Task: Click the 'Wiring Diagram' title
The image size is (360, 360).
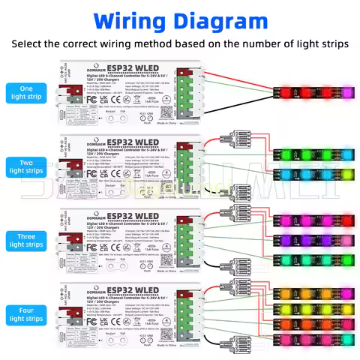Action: coord(180,19)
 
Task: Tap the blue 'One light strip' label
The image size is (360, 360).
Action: coord(26,93)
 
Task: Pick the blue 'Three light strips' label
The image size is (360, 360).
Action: coord(26,239)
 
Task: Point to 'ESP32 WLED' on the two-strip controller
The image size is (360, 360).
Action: coord(136,140)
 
